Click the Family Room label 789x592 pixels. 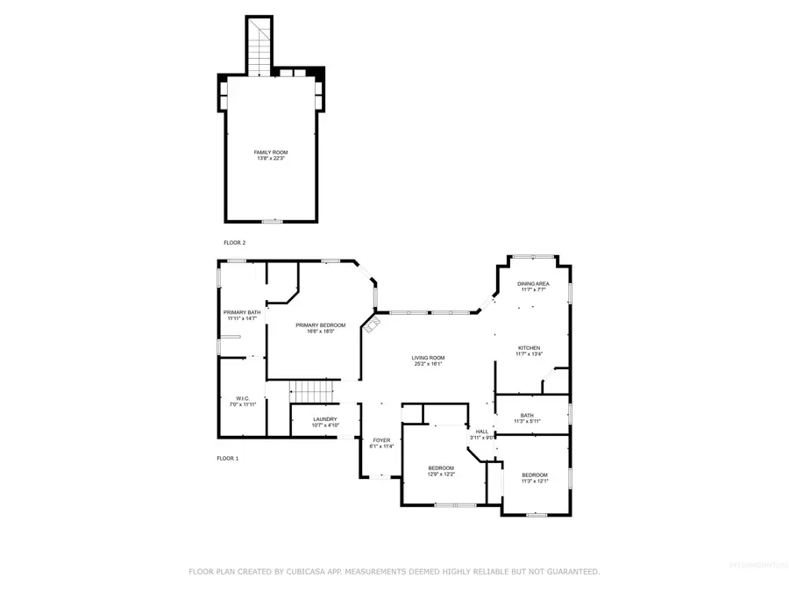(270, 152)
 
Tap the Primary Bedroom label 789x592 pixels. (313, 325)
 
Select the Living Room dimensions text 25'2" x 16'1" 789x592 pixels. (429, 364)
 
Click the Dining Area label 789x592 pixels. (532, 284)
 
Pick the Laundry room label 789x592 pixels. (324, 419)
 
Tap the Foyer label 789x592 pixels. (381, 440)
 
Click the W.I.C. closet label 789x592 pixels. (242, 398)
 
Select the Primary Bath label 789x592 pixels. (241, 312)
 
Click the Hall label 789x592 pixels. (482, 432)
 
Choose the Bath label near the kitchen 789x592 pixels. (527, 416)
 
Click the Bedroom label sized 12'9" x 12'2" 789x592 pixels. (441, 468)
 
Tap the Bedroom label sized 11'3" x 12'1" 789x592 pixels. (534, 474)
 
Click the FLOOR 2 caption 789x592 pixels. (235, 242)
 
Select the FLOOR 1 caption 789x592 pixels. (228, 458)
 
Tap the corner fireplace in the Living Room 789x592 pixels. (373, 325)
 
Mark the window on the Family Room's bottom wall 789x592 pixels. (273, 221)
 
